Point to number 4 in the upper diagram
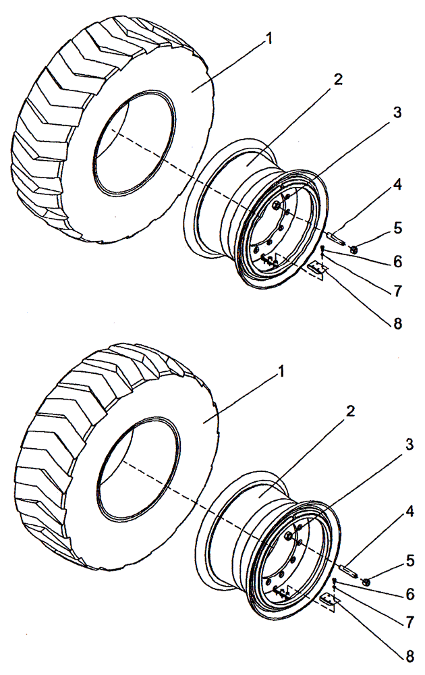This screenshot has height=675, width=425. pyautogui.click(x=399, y=185)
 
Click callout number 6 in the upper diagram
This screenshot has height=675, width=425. pyautogui.click(x=399, y=261)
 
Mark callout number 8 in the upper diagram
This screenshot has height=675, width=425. pyautogui.click(x=397, y=323)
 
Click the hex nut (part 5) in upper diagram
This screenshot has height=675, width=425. pyautogui.click(x=355, y=250)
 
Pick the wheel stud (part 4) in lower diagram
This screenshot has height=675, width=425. pyautogui.click(x=348, y=570)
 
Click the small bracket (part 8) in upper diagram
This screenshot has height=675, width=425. pyautogui.click(x=316, y=269)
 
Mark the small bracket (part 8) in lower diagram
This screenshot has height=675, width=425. pyautogui.click(x=329, y=600)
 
